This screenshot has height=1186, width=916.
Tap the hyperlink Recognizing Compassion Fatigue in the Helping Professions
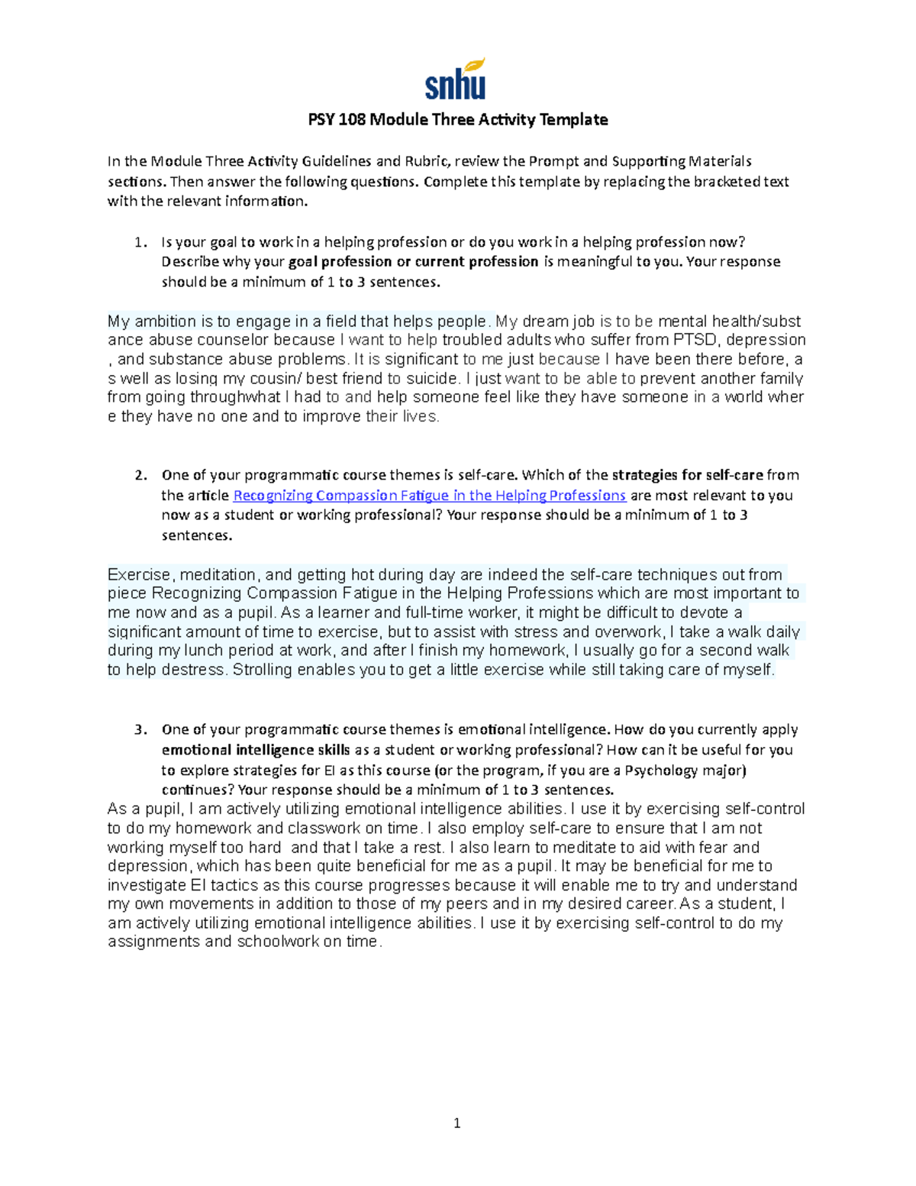429,496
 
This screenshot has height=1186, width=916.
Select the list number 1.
139,243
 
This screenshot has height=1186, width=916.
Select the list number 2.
139,476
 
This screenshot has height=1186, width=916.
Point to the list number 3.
139,730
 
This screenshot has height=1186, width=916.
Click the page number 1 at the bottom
456,1123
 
